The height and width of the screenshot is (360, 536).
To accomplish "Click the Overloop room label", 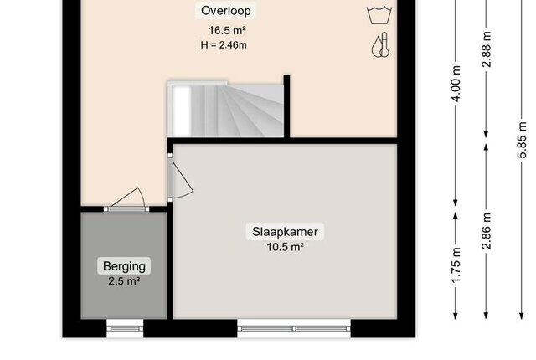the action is (225, 11).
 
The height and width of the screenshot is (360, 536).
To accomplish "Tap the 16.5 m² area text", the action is (227, 30).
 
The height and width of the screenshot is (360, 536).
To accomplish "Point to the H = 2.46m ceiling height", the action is (224, 44).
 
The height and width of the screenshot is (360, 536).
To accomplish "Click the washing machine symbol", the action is (379, 15).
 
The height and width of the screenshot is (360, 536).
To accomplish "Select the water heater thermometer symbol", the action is (380, 44).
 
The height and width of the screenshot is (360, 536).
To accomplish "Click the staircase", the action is (225, 110).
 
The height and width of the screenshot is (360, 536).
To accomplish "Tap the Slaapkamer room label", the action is (285, 232).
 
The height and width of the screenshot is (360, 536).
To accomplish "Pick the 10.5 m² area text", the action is (285, 247).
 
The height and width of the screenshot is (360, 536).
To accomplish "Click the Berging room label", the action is (124, 266).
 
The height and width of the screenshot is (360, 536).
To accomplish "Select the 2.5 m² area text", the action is (124, 281).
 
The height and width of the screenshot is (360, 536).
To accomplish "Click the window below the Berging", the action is (125, 328).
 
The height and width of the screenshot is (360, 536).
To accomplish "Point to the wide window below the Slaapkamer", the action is (294, 328).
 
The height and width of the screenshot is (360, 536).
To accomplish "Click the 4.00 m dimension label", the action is (456, 84).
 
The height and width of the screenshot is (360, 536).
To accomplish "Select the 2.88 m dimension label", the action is (487, 49).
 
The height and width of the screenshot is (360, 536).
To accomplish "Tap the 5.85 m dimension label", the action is (522, 140).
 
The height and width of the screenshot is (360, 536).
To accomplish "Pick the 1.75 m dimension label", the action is (456, 265).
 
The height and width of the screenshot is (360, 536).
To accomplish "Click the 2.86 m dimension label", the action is (487, 231).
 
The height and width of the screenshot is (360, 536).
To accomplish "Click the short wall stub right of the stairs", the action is (286, 106).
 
